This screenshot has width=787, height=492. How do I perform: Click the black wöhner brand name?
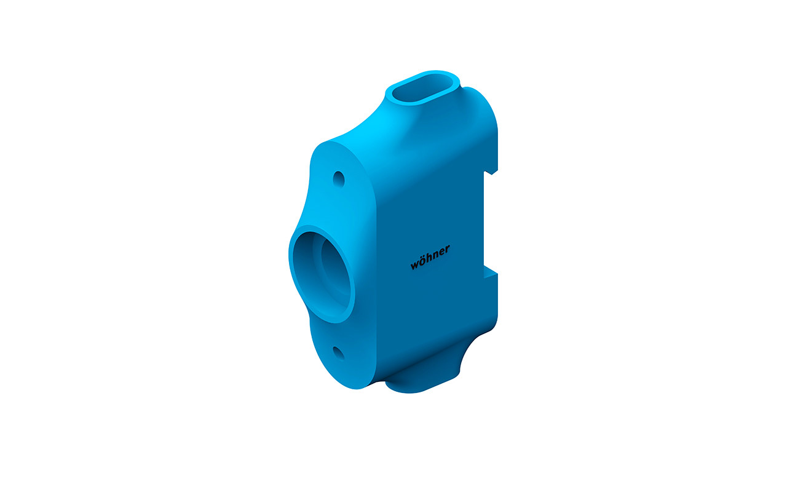click(x=430, y=257)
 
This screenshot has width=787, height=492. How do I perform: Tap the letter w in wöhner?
click(x=414, y=264)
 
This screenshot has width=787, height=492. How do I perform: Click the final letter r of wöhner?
click(x=448, y=250)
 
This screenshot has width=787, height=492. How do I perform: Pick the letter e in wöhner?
click(x=441, y=253)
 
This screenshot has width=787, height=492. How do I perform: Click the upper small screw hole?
click(x=339, y=179)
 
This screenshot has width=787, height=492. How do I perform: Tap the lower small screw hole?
click(x=339, y=354)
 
